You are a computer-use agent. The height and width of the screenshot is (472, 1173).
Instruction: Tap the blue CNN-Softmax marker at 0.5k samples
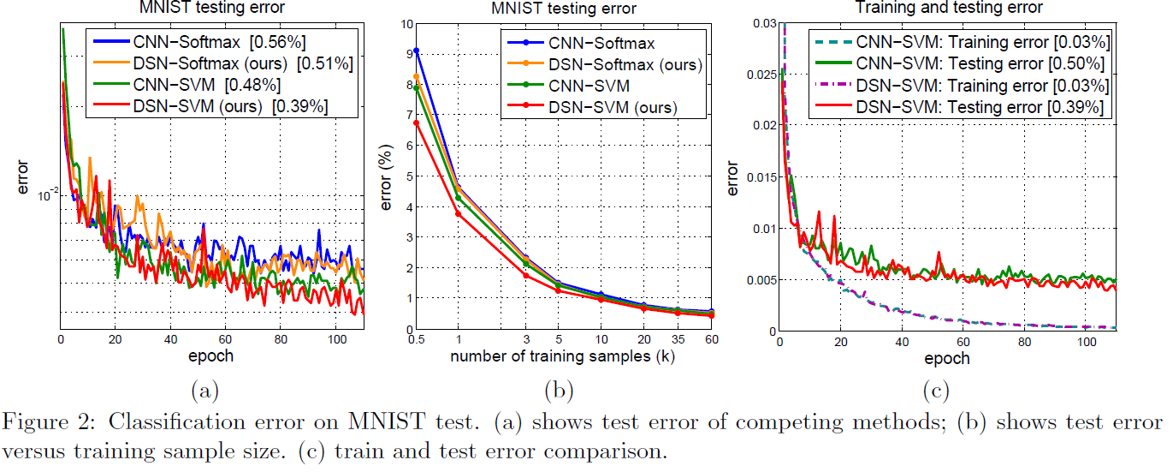pos(417,51)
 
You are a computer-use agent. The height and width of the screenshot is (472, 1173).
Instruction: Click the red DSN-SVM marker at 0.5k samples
pos(417,122)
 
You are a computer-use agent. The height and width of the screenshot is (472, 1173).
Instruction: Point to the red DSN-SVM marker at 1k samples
pos(458,213)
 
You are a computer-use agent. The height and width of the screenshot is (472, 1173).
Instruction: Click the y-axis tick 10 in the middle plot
pos(405,23)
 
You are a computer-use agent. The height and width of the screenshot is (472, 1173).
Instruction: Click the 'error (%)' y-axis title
pos(385,175)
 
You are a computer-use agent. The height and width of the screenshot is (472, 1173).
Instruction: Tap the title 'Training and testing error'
pos(948,8)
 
